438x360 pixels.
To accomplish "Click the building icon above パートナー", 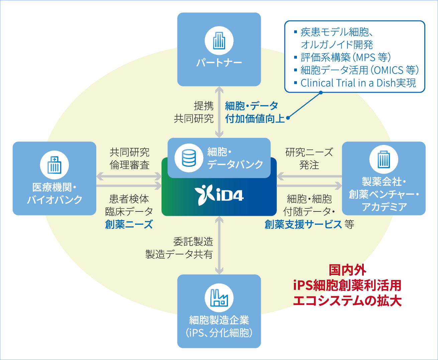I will (219, 41).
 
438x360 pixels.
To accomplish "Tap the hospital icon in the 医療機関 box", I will (54, 165).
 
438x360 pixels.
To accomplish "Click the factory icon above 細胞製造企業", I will (219, 298).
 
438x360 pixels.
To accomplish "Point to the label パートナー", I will (219, 63).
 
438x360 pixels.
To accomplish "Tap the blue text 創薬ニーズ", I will (129, 224).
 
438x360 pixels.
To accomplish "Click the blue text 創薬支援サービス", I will (303, 224).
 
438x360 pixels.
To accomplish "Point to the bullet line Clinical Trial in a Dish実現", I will (358, 83).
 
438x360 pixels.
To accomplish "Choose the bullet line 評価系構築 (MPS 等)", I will (346, 58).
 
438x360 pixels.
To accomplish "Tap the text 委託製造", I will (193, 242).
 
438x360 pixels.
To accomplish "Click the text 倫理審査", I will (129, 165).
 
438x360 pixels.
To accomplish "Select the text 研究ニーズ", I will (309, 153).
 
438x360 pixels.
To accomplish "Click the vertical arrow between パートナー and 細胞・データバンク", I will (219, 112).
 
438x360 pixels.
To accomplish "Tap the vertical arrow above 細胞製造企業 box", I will (219, 245).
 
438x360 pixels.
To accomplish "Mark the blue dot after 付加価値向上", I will (288, 118).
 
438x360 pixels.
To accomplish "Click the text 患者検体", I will (129, 199).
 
